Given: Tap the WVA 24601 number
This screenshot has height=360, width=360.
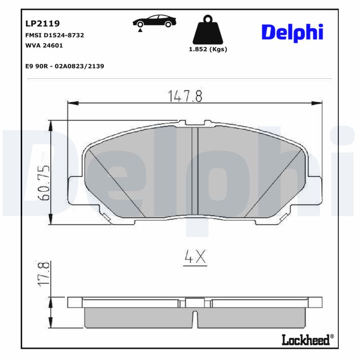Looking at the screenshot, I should (44, 45).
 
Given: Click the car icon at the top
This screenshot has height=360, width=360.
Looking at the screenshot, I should (154, 22).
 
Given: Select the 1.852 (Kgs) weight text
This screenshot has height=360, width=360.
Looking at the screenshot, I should (207, 49).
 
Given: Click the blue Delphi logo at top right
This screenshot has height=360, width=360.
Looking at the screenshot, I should (292, 32).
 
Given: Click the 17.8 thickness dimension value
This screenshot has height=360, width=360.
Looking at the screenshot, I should (43, 273).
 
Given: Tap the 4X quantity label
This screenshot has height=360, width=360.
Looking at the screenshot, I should (195, 257).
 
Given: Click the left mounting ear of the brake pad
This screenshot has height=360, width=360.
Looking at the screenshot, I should (74, 189).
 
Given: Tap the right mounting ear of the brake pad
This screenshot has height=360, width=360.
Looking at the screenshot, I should (315, 189).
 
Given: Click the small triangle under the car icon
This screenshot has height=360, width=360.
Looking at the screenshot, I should (141, 30).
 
